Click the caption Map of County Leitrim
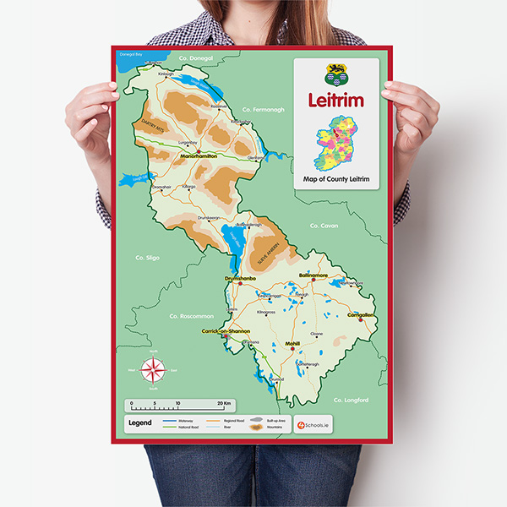[336, 180]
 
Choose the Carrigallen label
[361, 315]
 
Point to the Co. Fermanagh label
[263, 110]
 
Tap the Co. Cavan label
[324, 226]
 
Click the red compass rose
[154, 370]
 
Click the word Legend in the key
[139, 422]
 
